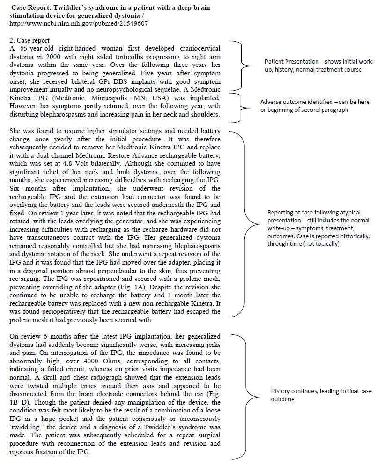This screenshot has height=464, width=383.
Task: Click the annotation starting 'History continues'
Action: click(321, 395)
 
